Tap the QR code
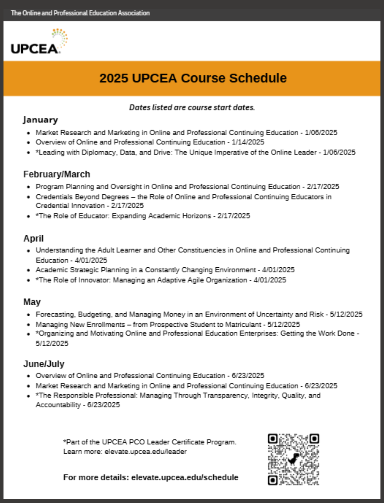click(x=293, y=459)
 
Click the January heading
click(x=40, y=120)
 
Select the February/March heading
click(x=56, y=174)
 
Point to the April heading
click(x=34, y=238)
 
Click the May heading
click(x=32, y=302)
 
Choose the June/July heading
click(x=44, y=364)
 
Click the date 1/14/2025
click(x=248, y=142)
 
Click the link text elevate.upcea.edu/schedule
click(x=185, y=477)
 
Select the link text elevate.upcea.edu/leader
click(x=146, y=452)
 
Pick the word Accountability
click(x=58, y=405)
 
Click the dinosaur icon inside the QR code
click(x=293, y=459)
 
